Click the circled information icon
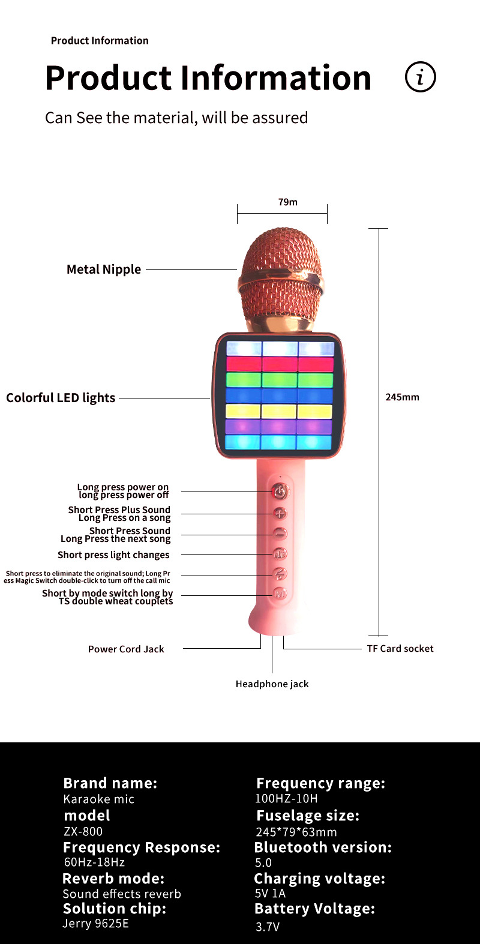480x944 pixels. [x=420, y=77]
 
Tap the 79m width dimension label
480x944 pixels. [x=287, y=202]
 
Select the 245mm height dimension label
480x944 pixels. [x=402, y=397]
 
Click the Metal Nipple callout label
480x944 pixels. [x=104, y=269]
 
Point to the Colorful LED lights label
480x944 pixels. [x=61, y=398]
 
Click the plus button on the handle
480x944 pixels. [x=280, y=514]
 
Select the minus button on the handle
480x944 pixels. [x=280, y=534]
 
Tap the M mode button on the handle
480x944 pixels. [x=280, y=594]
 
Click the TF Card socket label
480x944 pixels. [x=400, y=649]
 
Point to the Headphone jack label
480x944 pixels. [x=272, y=684]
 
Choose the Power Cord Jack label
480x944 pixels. [x=126, y=649]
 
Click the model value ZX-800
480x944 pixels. [x=83, y=832]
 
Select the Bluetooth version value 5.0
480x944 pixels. [x=263, y=863]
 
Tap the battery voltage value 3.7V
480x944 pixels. [x=268, y=927]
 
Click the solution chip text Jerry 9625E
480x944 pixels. [x=96, y=924]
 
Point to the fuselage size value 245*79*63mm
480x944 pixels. [x=296, y=832]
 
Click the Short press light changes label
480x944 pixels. [x=113, y=555]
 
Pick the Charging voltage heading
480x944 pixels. [x=320, y=879]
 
